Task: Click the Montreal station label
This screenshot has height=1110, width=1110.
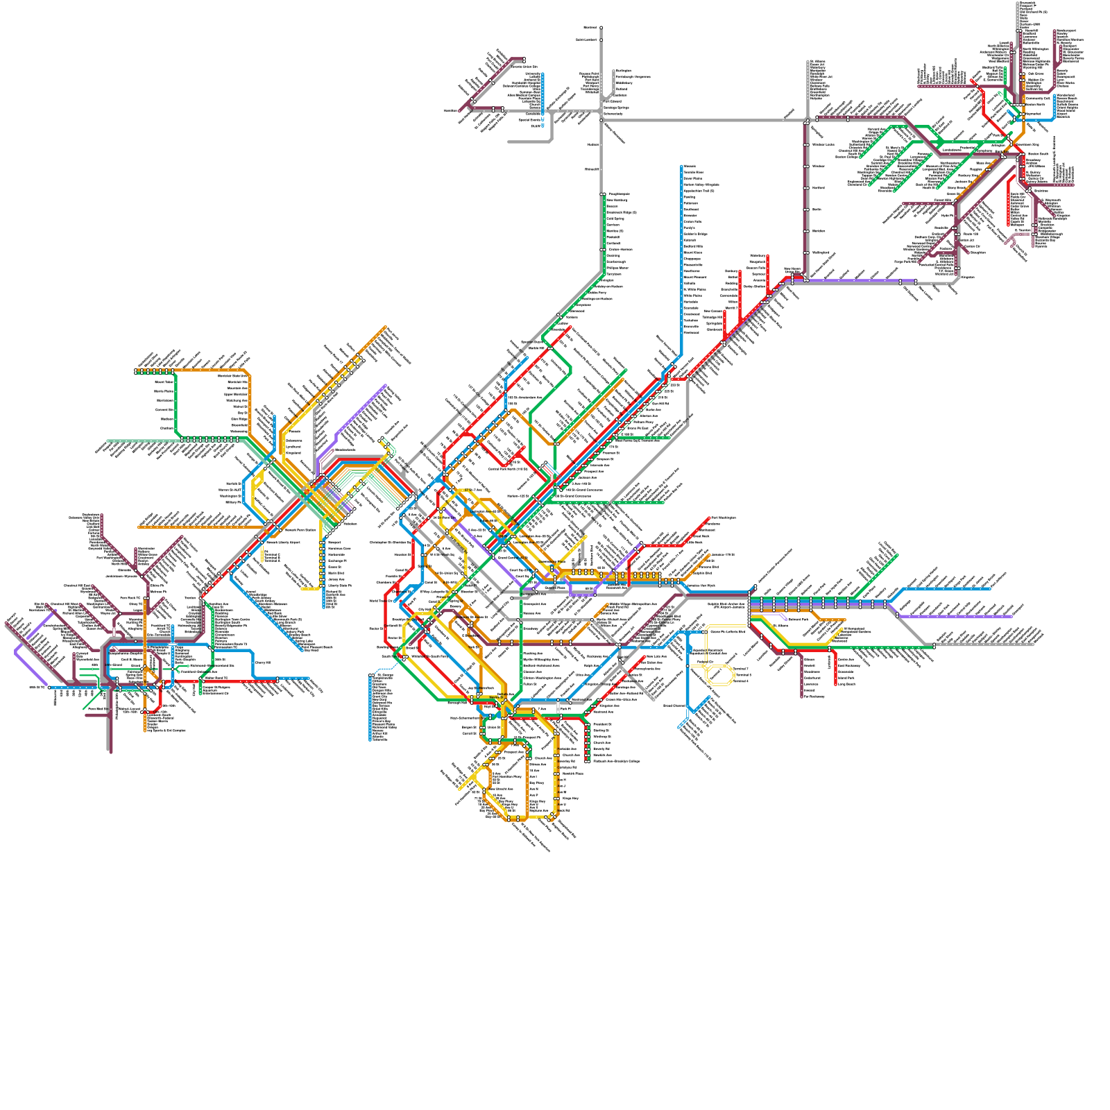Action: pos(590,27)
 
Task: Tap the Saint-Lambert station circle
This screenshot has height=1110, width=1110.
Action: pos(601,40)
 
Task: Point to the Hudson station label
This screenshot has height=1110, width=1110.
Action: pos(593,144)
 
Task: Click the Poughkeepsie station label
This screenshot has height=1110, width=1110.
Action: pos(619,194)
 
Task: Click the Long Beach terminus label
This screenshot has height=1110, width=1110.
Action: pos(846,684)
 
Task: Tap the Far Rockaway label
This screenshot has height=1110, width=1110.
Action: pos(814,696)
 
